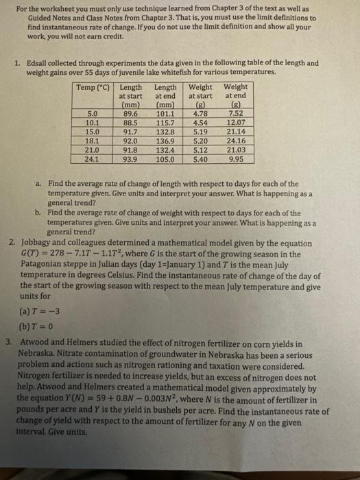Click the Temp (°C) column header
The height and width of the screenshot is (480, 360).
(x=95, y=88)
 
